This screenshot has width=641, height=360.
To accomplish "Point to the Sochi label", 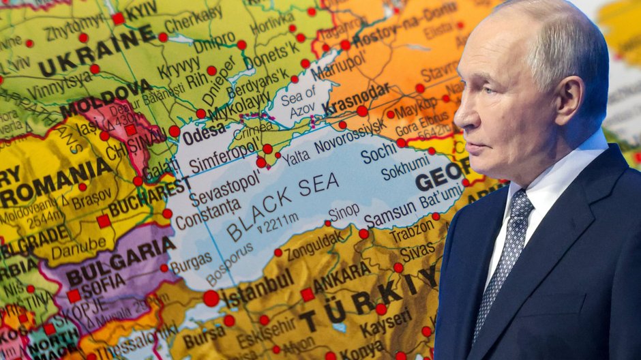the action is (378, 153).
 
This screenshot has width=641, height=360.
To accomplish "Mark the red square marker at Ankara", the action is (308, 295).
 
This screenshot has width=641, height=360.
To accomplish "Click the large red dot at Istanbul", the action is (211, 298).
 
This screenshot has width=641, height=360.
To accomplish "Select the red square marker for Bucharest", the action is (103, 221).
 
